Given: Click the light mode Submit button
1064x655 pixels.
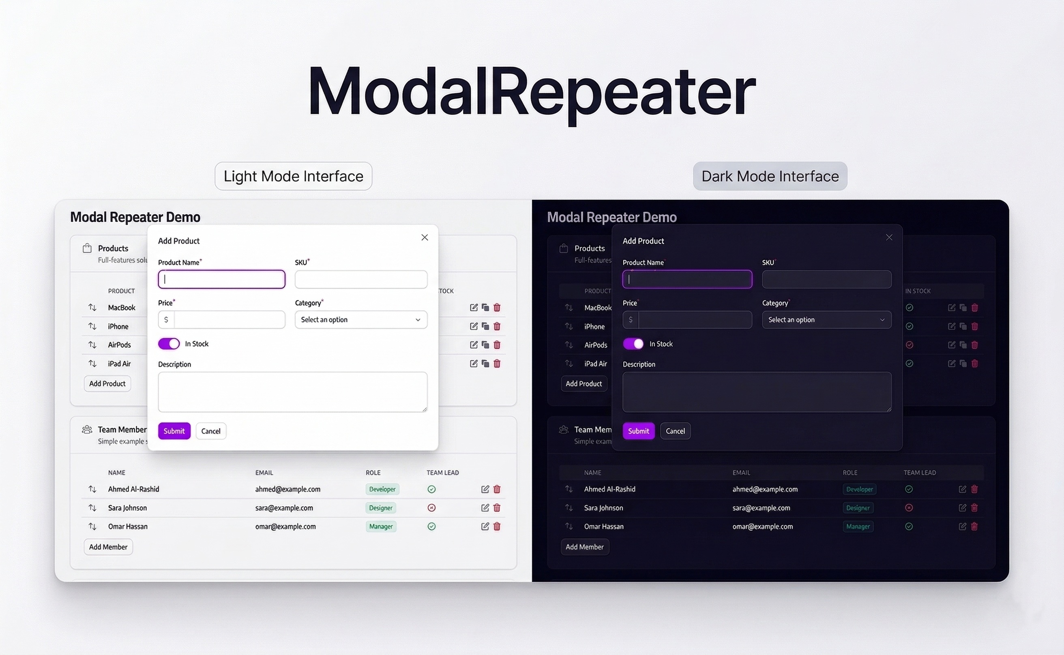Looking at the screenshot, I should point(174,431).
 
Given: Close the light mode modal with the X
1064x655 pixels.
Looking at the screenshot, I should point(425,238).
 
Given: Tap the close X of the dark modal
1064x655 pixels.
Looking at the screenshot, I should point(889,238).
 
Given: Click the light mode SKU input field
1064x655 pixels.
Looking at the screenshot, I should point(361,279).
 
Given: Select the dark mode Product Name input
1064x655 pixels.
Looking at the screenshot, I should point(687,279).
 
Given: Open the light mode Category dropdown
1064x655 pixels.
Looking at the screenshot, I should point(361,320).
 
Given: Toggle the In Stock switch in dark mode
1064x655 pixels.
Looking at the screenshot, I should point(633,344).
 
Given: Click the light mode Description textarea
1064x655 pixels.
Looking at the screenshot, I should point(292,392).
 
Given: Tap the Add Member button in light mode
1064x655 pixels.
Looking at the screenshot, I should point(108,547).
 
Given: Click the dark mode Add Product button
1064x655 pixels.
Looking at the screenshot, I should point(583,384).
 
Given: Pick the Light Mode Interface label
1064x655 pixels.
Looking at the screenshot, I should point(294,176).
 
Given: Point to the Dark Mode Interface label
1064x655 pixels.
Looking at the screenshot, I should point(770,176).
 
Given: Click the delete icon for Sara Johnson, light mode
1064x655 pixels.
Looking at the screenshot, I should point(497,508).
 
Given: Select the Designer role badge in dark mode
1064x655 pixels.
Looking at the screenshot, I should point(858,508).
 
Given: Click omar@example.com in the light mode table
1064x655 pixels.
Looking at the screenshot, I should point(285,527).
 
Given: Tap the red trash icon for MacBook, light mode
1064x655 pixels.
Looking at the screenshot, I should point(497,308).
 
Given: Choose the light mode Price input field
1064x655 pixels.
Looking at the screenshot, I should point(229,320).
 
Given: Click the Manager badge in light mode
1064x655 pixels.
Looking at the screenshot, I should point(380,527).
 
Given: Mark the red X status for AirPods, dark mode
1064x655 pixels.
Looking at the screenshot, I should point(909,345).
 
